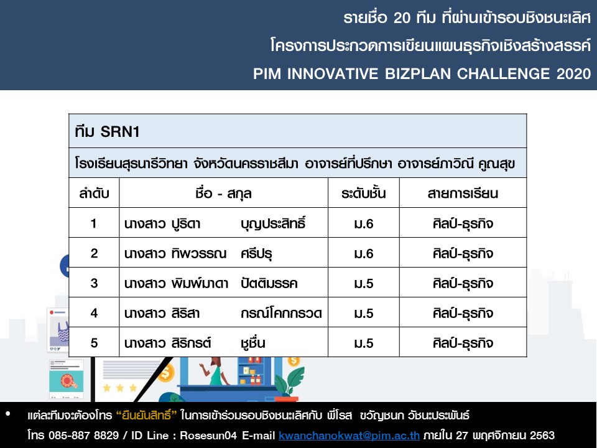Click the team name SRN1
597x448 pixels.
[x=120, y=132]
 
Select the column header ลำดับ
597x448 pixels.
[x=94, y=193]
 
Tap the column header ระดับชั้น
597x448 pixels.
[x=363, y=193]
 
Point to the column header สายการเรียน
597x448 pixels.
[x=463, y=194]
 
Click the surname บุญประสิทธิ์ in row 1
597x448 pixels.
[x=273, y=223]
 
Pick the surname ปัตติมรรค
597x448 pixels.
[x=269, y=283]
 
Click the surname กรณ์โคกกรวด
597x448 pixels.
[x=281, y=313]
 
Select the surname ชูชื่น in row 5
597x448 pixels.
[x=253, y=342]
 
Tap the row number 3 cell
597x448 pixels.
[x=94, y=283]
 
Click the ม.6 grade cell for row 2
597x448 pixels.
[x=364, y=254]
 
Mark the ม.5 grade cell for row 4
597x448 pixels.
[x=364, y=313]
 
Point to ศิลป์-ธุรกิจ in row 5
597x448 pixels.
[x=463, y=342]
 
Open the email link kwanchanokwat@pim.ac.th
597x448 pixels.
[x=349, y=435]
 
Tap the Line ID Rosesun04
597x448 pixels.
[x=208, y=435]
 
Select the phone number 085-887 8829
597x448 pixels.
[x=83, y=435]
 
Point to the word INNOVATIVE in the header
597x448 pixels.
[x=332, y=73]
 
